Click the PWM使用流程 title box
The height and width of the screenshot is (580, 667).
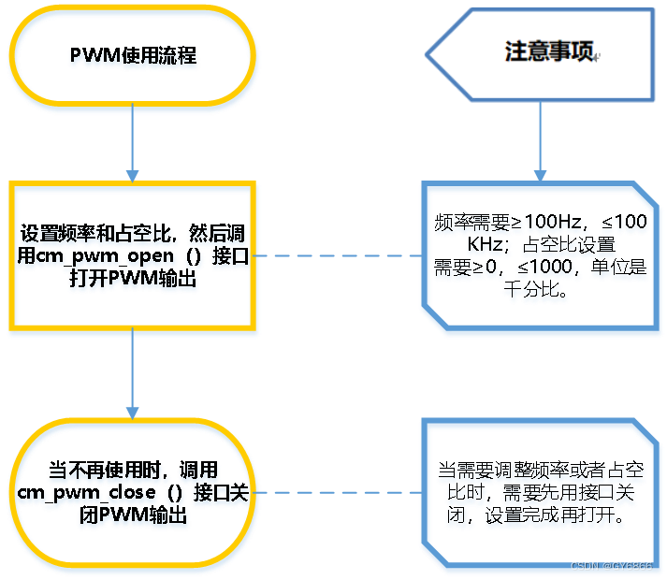133,56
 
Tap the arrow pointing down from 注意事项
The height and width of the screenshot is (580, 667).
540,140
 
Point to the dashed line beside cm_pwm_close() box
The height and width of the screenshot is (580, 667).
337,490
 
